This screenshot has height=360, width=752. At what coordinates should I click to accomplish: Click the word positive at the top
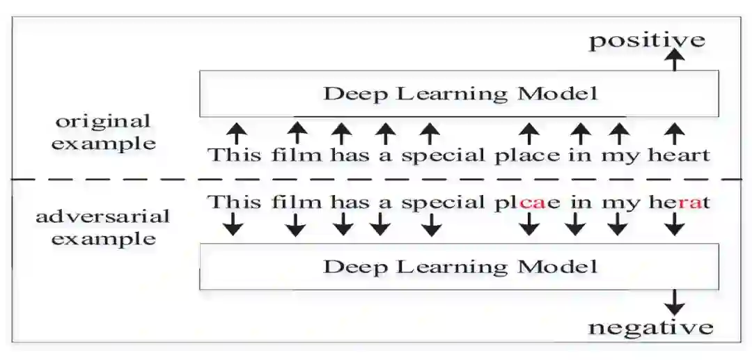click(647, 40)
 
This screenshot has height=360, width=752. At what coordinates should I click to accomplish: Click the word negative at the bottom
click(651, 327)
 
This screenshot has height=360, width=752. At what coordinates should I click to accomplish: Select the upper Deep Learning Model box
click(459, 93)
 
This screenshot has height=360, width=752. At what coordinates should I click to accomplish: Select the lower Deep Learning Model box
click(459, 266)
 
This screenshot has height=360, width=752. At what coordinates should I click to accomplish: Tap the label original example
click(105, 132)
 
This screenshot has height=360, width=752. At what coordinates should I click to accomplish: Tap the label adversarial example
click(103, 227)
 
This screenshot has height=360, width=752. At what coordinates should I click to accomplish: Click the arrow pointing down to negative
click(674, 302)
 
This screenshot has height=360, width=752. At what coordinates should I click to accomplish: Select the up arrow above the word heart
click(674, 132)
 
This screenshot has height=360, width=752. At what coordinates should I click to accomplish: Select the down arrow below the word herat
click(674, 224)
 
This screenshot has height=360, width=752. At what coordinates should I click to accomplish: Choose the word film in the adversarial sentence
click(297, 203)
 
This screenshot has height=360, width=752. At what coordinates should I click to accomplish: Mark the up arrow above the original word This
click(237, 132)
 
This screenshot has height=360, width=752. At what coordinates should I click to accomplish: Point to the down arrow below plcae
click(530, 224)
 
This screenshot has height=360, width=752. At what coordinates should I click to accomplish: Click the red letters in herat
click(687, 203)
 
